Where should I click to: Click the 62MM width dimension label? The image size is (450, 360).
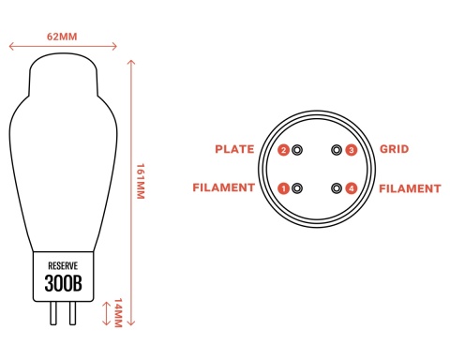(x=62, y=37)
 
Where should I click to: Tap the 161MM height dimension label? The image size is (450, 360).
(x=141, y=181)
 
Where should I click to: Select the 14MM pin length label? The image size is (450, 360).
(x=117, y=313)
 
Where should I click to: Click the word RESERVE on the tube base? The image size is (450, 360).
(x=63, y=266)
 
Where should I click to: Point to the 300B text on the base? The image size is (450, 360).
(x=64, y=283)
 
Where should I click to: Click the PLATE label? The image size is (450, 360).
(x=234, y=149)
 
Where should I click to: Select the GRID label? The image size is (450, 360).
(x=395, y=149)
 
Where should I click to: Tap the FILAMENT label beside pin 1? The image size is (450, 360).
(x=224, y=187)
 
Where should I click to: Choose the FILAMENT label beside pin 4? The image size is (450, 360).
(x=410, y=188)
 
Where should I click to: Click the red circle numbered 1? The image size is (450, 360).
(x=284, y=188)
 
